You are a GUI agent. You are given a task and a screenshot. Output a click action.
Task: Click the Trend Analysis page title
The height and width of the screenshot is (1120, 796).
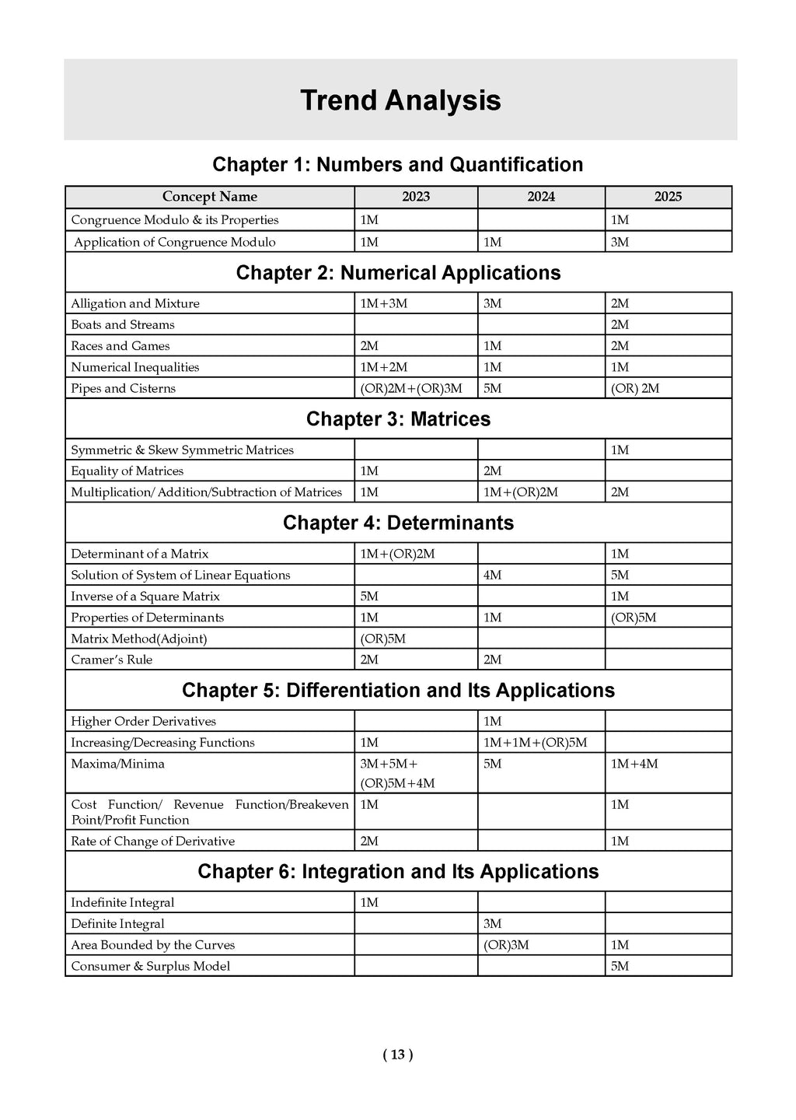click(400, 101)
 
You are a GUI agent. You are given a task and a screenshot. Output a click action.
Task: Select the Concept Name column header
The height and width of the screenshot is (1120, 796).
click(209, 197)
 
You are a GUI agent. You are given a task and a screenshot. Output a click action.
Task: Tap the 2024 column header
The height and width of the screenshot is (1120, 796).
click(541, 197)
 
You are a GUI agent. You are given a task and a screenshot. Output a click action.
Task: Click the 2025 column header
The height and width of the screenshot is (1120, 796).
click(668, 197)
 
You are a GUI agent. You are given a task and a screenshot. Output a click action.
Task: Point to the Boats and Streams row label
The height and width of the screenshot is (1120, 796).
click(123, 325)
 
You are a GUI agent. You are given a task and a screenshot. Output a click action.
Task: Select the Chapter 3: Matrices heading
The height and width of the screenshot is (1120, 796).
click(398, 419)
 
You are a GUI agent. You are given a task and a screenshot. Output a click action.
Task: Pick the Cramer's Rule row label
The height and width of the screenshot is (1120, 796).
click(112, 660)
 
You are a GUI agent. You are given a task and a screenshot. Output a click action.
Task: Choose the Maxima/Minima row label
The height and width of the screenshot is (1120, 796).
click(117, 764)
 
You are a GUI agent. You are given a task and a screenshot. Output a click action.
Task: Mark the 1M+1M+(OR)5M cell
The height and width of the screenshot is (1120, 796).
click(535, 743)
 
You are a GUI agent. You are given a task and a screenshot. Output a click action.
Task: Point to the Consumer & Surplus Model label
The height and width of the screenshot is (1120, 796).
click(151, 966)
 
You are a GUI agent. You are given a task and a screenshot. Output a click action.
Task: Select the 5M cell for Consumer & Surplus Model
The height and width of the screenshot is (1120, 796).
click(620, 966)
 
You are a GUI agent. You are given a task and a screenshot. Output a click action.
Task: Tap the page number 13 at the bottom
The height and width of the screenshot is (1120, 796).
click(398, 1055)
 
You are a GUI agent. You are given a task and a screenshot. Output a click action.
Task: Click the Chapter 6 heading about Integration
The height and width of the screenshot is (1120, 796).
click(398, 872)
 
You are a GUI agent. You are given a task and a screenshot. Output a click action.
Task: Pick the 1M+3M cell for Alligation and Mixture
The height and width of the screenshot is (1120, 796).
click(383, 303)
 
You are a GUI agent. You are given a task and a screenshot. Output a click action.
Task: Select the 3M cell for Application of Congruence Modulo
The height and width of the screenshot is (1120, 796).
click(620, 242)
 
